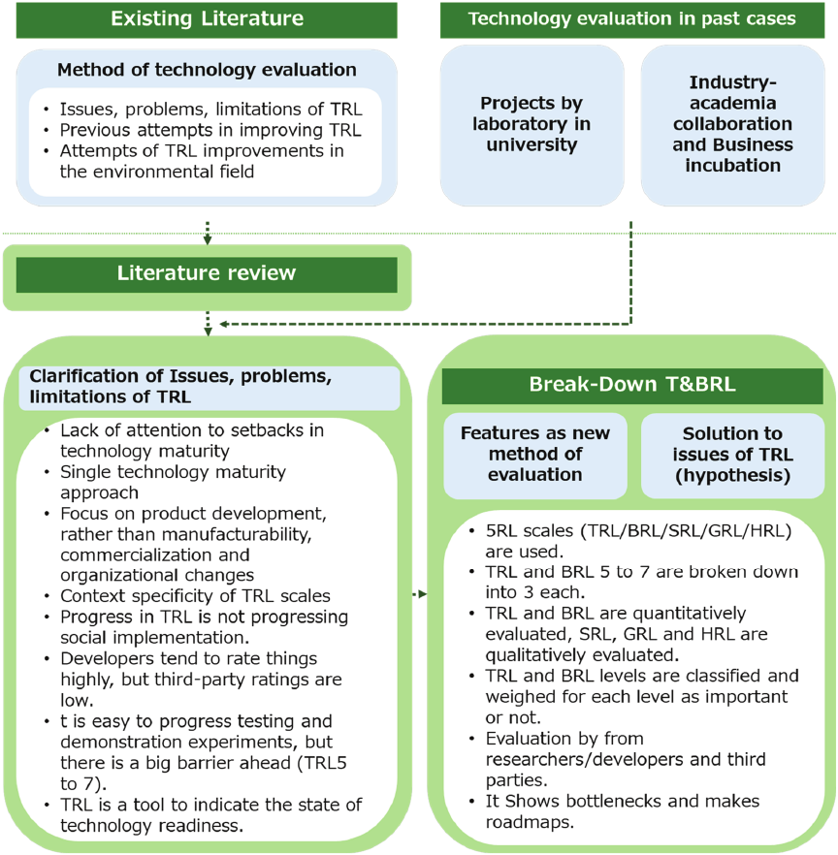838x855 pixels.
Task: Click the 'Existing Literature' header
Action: pyautogui.click(x=206, y=19)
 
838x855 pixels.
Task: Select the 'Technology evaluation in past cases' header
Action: pyautogui.click(x=632, y=19)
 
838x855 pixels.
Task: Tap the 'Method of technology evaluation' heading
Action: pyautogui.click(x=207, y=70)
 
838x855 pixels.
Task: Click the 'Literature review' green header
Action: pyautogui.click(x=206, y=273)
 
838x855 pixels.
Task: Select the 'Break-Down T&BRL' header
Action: pyautogui.click(x=632, y=385)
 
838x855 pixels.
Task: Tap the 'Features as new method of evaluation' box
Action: pyautogui.click(x=535, y=454)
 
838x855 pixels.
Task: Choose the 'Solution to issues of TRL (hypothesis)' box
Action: pyautogui.click(x=733, y=454)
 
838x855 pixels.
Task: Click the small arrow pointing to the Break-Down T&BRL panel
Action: pyautogui.click(x=420, y=593)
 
